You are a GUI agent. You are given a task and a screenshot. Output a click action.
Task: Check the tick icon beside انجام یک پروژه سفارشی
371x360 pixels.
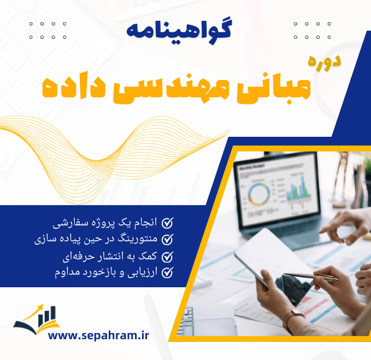pyautogui.click(x=169, y=223)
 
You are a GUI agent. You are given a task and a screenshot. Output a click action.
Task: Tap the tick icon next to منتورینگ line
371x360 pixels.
pyautogui.click(x=169, y=239)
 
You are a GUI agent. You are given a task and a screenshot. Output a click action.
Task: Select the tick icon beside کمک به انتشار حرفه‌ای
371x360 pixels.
pyautogui.click(x=169, y=256)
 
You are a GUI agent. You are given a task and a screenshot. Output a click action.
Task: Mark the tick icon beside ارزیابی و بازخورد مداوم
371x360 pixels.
pyautogui.click(x=169, y=272)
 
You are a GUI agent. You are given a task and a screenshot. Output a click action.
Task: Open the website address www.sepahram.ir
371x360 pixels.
pyautogui.click(x=98, y=335)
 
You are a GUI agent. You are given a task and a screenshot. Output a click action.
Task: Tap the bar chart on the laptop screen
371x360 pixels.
pyautogui.click(x=298, y=189)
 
